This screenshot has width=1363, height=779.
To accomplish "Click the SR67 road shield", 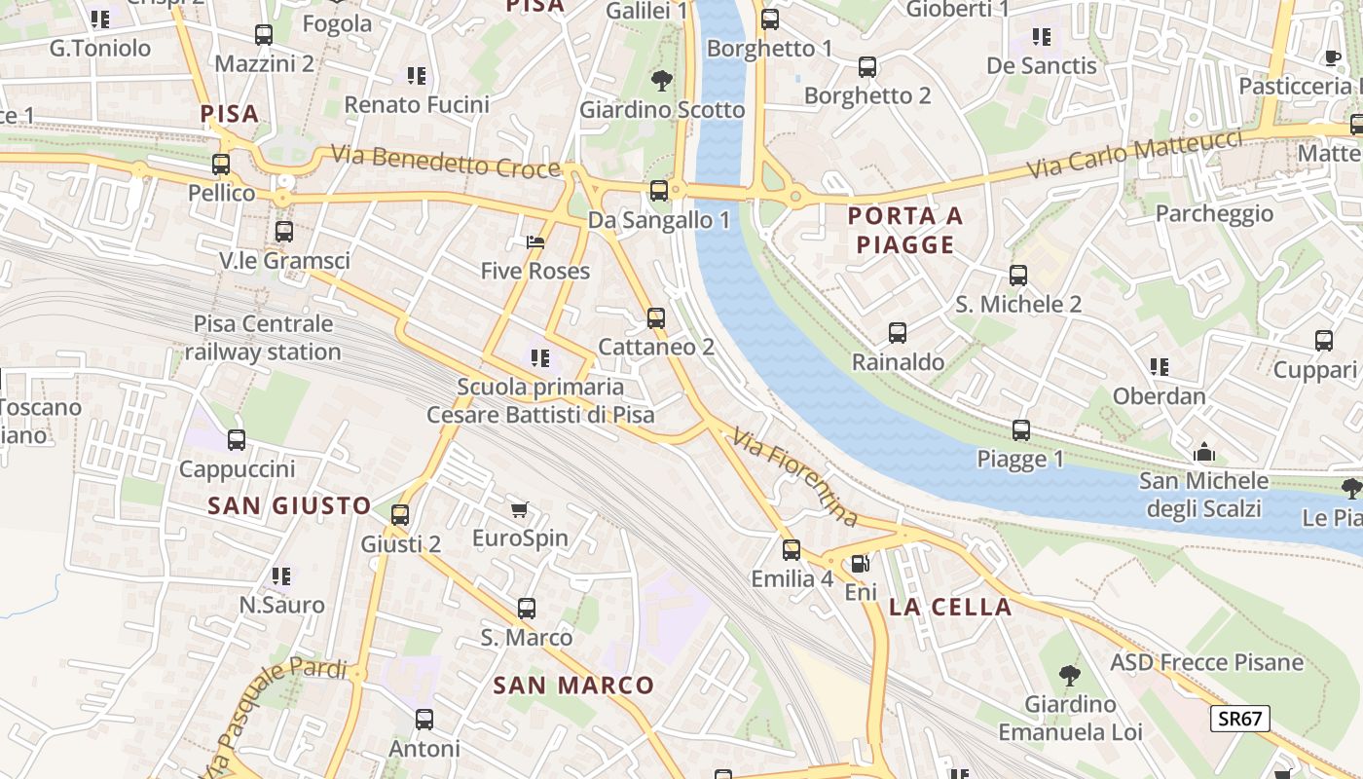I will coord(1240,720).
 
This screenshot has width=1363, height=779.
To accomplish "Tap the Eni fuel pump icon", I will coord(860,564).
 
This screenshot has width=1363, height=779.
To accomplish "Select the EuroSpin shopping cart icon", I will coord(520,509).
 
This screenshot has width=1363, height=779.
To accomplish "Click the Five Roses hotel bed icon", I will coord(534,242).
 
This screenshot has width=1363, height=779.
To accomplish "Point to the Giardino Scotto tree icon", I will coord(662,80).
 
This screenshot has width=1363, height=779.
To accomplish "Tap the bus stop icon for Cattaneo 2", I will coord(656,318).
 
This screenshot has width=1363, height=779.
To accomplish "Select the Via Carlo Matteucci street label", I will coord(1135,154).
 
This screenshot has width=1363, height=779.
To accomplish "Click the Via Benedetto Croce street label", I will coord(446,161).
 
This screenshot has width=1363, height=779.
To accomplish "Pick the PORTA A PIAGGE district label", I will coord(905,230).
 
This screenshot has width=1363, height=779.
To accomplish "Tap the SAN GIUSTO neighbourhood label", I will coord(289,505).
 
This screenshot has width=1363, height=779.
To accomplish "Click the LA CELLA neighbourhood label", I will coord(950,608).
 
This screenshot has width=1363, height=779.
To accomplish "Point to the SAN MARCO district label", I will coord(573,686).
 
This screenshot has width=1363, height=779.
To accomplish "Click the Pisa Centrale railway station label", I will coord(263,338).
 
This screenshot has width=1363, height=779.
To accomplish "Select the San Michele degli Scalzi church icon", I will coord(1204,453).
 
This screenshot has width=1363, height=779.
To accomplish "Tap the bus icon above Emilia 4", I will coord(792,550).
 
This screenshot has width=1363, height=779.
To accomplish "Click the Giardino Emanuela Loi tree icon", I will coord(1070,674).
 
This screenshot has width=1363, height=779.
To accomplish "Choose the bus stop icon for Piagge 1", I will coord(1021,430).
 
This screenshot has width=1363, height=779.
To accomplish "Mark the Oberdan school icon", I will coord(1159,367).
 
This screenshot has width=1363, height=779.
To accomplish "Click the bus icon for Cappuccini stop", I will coord(237,440).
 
